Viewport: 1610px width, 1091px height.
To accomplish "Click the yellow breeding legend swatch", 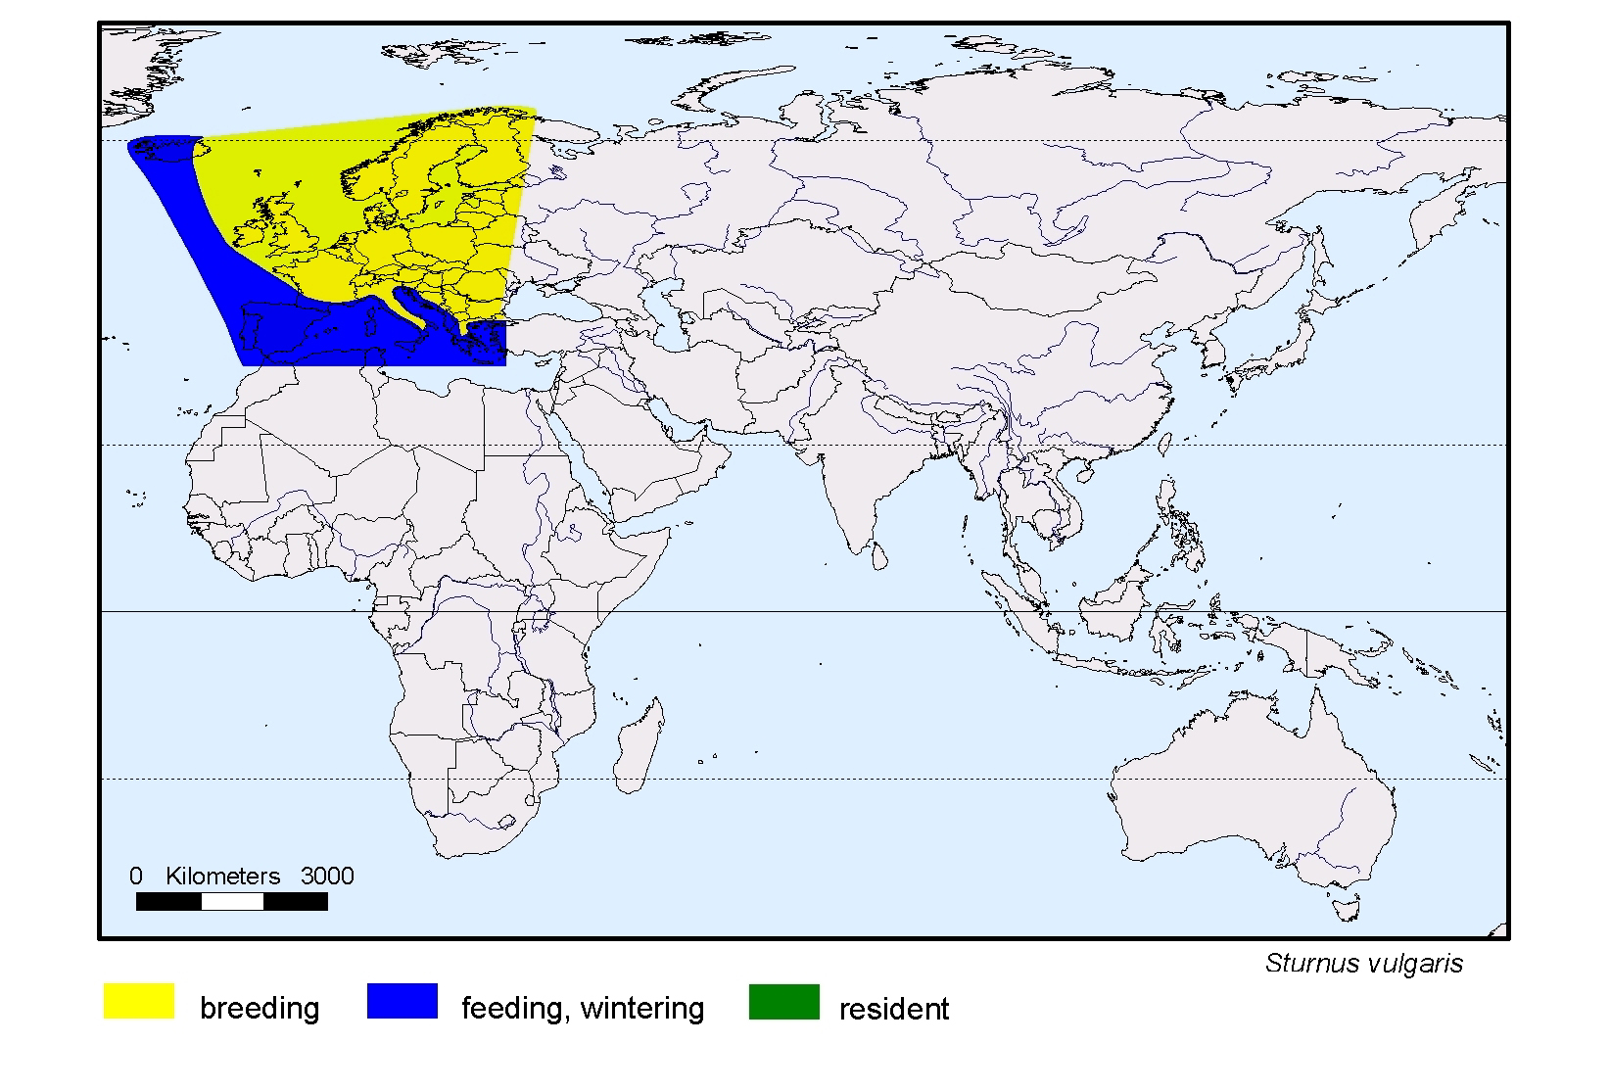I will point(139,1002).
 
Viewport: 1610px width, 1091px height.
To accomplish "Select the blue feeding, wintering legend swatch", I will point(402,1002).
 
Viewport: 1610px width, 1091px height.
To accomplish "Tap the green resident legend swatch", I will point(783,1002).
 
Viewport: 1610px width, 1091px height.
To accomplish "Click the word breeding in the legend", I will point(260,1009).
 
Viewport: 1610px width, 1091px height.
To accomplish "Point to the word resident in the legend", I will point(893,1010).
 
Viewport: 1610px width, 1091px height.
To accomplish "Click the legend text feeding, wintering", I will point(583,1009).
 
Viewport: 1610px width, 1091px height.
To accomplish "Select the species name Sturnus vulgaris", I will point(1363,964).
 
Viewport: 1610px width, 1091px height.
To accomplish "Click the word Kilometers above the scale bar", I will point(222,877).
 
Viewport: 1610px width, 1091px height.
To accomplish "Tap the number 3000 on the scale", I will point(327,877).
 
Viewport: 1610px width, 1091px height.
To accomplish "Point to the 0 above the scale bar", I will point(136,877).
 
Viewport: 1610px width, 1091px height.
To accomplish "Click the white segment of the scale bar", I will point(232,902).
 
